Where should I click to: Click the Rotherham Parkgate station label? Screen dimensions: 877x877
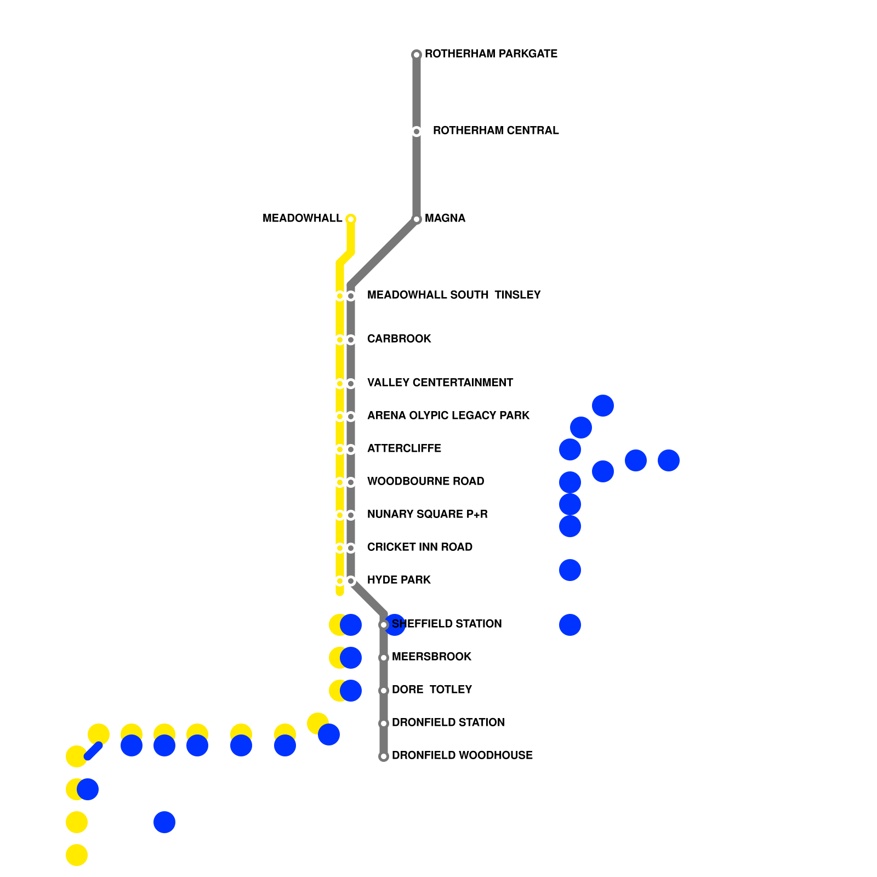click(491, 54)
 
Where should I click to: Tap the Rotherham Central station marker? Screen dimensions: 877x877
click(417, 132)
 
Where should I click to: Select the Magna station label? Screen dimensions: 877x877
click(445, 218)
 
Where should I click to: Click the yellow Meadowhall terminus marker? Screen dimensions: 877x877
click(351, 219)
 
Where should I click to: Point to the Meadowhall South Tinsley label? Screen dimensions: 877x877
click(453, 295)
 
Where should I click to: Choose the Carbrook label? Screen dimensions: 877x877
click(399, 339)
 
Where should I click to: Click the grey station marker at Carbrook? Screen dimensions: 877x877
click(351, 340)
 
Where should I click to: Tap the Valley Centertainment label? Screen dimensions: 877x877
click(440, 383)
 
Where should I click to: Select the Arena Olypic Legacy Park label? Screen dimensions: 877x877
click(448, 415)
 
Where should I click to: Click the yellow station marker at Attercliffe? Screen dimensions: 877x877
click(340, 449)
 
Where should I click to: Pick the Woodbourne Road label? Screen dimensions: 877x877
click(425, 481)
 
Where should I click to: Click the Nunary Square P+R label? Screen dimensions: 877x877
click(427, 514)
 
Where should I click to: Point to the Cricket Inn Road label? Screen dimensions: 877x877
click(419, 547)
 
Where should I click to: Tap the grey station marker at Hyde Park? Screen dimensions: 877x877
click(351, 581)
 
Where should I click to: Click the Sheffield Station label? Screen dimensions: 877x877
click(447, 624)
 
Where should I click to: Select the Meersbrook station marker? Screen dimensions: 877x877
click(384, 658)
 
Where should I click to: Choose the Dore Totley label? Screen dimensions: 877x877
click(431, 690)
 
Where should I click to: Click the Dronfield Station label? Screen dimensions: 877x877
click(448, 722)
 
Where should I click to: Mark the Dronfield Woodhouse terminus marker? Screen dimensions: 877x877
click(384, 756)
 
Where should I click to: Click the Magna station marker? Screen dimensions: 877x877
click(417, 219)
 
